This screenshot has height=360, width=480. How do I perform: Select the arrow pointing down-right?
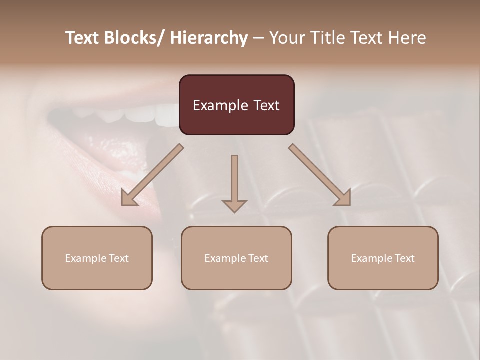coord(320,175)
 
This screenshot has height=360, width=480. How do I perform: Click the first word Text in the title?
coord(83,38)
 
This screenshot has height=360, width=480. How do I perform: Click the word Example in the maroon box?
coord(220,106)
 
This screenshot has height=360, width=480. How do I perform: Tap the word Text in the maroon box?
coord(265,106)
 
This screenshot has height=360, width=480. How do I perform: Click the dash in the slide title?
coord(258,38)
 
